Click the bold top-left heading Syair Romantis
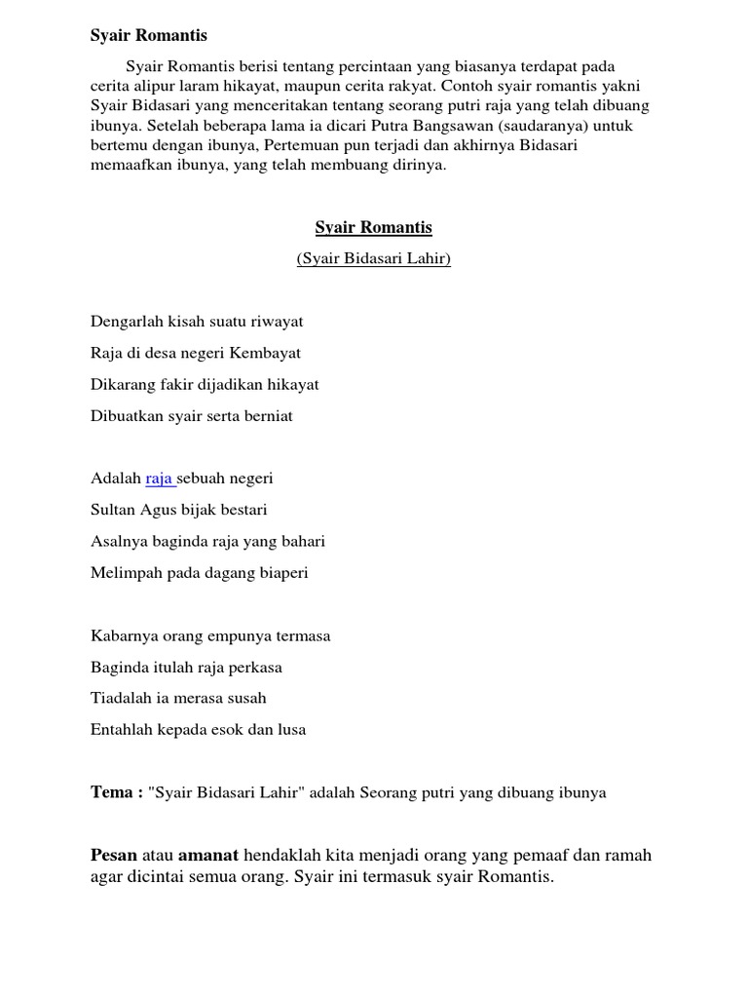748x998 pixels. (149, 36)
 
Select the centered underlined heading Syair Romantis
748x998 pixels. (373, 228)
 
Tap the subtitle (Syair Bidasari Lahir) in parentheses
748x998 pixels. (373, 259)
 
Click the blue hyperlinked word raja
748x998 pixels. (160, 479)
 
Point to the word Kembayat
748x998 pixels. (265, 353)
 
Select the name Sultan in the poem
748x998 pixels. (113, 510)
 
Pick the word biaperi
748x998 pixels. (281, 573)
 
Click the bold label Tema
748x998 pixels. (110, 792)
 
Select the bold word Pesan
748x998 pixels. (114, 856)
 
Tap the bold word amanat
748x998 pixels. (207, 856)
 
